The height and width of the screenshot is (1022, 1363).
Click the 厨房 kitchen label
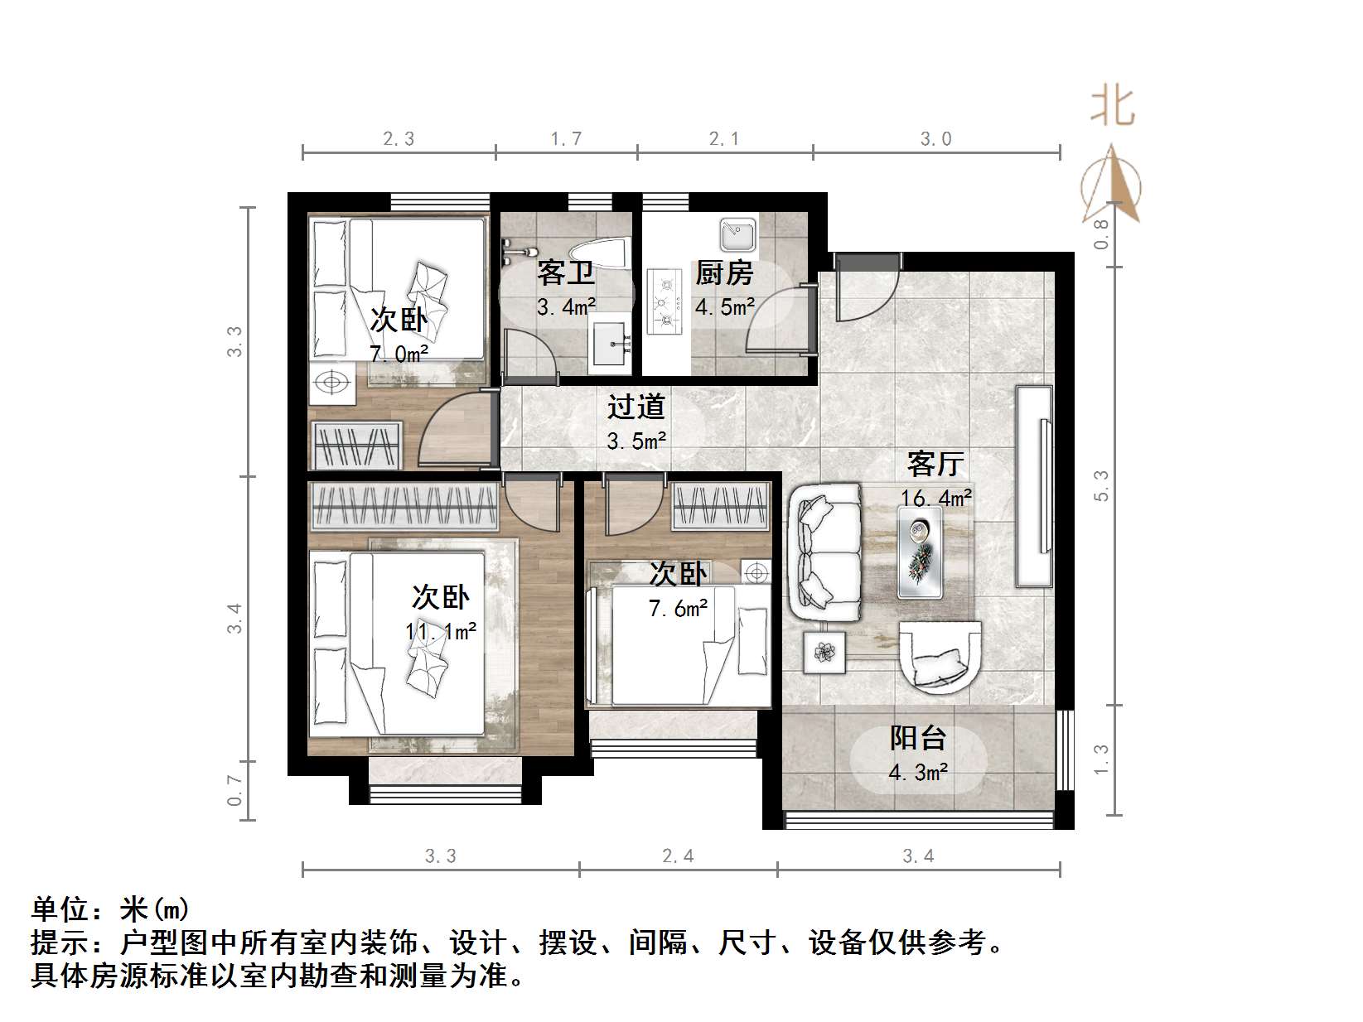pos(723,273)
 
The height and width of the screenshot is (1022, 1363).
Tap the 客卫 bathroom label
pos(566,273)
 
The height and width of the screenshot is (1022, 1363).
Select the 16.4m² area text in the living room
pos(936,498)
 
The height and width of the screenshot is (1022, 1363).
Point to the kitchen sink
pos(737,234)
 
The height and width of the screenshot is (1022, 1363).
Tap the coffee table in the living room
pos(920,551)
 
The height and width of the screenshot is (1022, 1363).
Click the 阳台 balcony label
pos(918,738)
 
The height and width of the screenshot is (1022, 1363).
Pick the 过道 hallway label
pos(636,407)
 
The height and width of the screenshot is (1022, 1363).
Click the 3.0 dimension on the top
pos(935,139)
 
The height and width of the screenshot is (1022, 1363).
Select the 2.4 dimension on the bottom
pos(678,856)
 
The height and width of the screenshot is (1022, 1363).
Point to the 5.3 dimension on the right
pos(1101,485)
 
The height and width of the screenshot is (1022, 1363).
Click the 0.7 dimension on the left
pos(235,790)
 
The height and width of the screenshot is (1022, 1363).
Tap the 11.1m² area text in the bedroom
pos(441,631)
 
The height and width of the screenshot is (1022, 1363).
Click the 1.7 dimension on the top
pos(566,139)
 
